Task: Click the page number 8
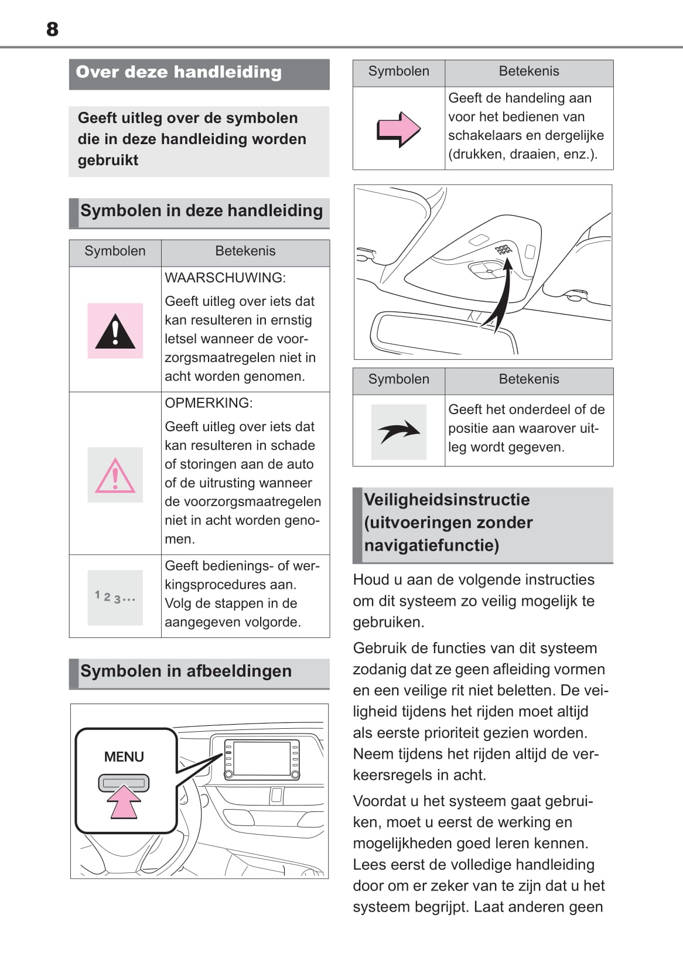click(x=52, y=29)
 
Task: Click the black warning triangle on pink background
click(x=115, y=331)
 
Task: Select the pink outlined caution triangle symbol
click(x=115, y=475)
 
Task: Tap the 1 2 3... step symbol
click(x=115, y=598)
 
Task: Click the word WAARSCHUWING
click(x=225, y=278)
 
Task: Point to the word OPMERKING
click(x=209, y=403)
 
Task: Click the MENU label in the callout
click(x=124, y=757)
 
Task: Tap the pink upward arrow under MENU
click(x=124, y=801)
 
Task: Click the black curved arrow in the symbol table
click(x=398, y=432)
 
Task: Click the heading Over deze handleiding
click(x=179, y=72)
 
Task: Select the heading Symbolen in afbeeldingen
click(x=186, y=671)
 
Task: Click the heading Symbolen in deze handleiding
click(x=202, y=211)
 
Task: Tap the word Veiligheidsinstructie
click(x=447, y=500)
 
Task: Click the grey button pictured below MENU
click(x=124, y=783)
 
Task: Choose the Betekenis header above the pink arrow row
click(x=529, y=71)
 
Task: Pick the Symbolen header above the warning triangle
click(x=115, y=251)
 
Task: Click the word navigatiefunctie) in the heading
click(x=432, y=545)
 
